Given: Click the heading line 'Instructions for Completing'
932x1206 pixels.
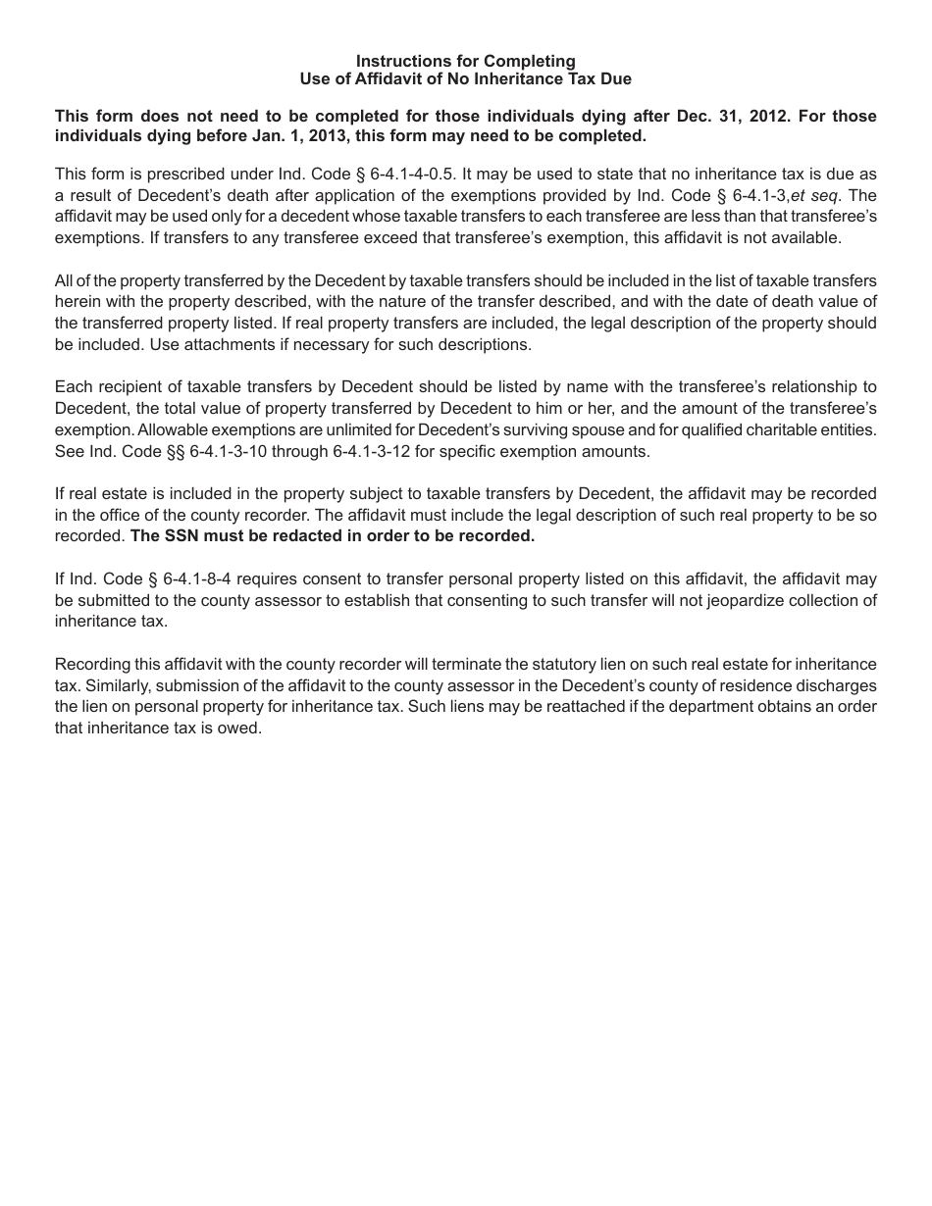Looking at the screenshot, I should point(466,61).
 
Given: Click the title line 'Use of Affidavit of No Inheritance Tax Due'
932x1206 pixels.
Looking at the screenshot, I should point(466,78).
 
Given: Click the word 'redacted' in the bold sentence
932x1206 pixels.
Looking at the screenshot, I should point(292,536).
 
